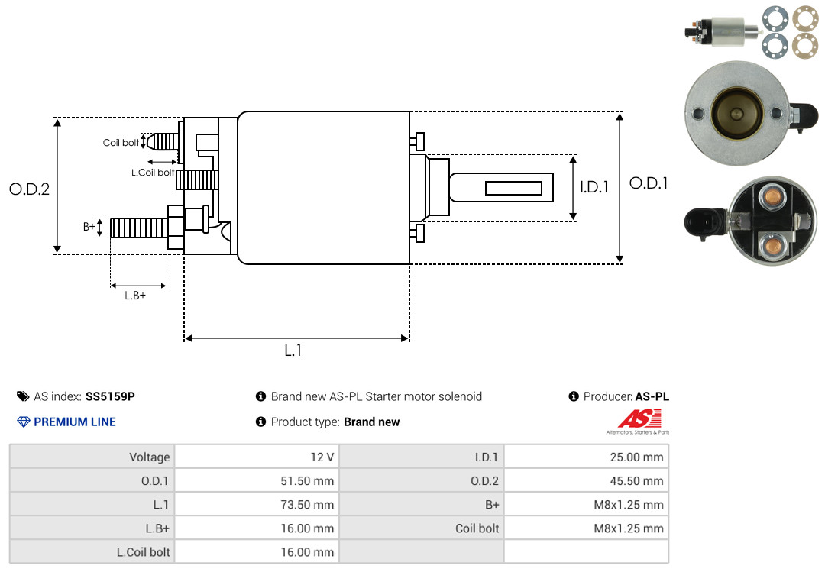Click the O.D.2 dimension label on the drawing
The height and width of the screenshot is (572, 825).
pyautogui.click(x=30, y=189)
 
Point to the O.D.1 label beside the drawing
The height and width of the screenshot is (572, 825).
pyautogui.click(x=649, y=183)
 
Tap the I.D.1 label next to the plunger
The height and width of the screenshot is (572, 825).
pyautogui.click(x=594, y=187)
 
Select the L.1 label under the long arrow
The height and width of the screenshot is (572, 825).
pyautogui.click(x=293, y=351)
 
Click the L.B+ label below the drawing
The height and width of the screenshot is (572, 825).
pyautogui.click(x=135, y=296)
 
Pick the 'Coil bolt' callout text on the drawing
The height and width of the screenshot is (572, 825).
pyautogui.click(x=121, y=143)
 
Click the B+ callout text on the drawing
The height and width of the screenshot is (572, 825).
pyautogui.click(x=89, y=227)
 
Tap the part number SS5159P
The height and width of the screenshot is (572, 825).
pyautogui.click(x=110, y=396)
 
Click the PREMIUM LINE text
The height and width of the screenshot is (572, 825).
pyautogui.click(x=75, y=422)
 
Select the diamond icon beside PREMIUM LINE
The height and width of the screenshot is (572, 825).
pyautogui.click(x=24, y=422)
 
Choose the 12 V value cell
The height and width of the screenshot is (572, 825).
pyautogui.click(x=257, y=457)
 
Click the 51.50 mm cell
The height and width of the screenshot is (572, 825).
pyautogui.click(x=257, y=480)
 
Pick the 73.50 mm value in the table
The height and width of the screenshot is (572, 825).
pyautogui.click(x=307, y=505)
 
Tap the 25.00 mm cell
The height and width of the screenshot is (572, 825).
pyautogui.click(x=586, y=457)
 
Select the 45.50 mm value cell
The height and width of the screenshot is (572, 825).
pyautogui.click(x=586, y=480)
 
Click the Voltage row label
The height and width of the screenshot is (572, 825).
pyautogui.click(x=150, y=457)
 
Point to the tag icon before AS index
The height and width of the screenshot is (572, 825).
pyautogui.click(x=23, y=396)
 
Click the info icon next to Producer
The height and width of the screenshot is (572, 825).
pyautogui.click(x=574, y=396)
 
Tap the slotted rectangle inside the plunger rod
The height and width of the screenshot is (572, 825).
pyautogui.click(x=513, y=188)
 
